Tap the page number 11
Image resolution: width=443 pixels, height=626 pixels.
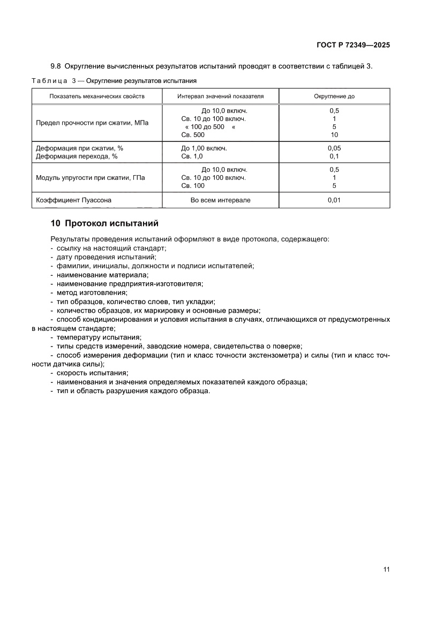click(386, 569)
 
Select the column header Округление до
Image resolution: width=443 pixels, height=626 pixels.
click(334, 96)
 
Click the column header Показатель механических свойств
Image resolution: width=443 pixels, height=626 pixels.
click(89, 96)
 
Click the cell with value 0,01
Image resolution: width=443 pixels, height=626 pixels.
click(334, 200)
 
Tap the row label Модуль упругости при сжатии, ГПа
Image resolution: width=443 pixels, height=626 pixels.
click(90, 177)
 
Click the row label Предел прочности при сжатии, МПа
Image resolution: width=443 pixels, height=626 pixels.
click(92, 123)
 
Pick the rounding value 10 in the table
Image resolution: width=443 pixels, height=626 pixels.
click(334, 135)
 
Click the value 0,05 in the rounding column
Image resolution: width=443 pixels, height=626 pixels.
click(334, 148)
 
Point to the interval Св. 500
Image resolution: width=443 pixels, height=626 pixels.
click(193, 135)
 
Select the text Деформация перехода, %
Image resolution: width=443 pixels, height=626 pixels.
click(76, 156)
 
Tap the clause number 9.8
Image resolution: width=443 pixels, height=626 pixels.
click(56, 66)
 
